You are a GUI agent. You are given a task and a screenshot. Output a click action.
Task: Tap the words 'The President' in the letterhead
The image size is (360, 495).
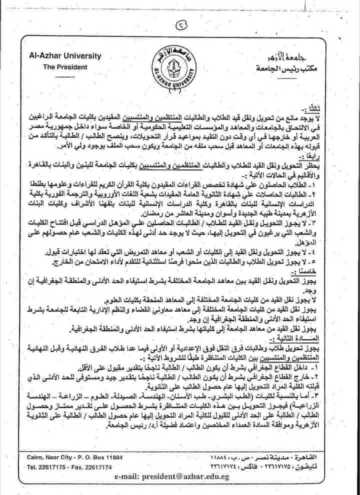pyautogui.click(x=65, y=66)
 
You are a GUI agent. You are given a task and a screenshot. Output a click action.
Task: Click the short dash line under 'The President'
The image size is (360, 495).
pyautogui.click(x=64, y=76)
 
